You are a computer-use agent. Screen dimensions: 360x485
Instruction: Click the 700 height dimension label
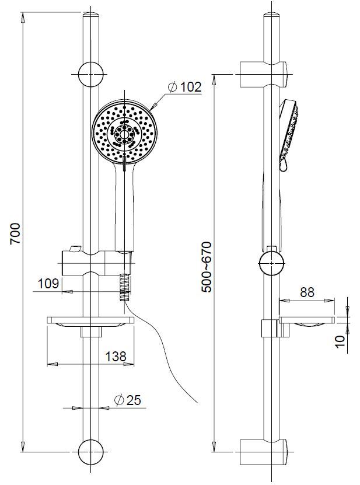click(15, 233)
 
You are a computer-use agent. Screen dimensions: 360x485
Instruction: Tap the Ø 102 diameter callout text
click(185, 87)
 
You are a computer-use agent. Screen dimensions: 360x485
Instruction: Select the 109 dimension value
click(48, 283)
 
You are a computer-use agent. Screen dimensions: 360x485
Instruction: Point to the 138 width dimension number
click(116, 357)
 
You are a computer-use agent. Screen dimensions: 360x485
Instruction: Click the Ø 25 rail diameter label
click(127, 400)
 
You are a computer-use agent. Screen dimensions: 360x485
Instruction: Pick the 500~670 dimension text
click(207, 267)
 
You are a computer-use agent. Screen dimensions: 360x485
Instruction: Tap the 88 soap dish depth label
click(307, 292)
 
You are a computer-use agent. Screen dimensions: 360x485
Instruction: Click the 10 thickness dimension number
click(340, 341)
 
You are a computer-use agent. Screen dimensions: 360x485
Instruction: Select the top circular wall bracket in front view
click(90, 74)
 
